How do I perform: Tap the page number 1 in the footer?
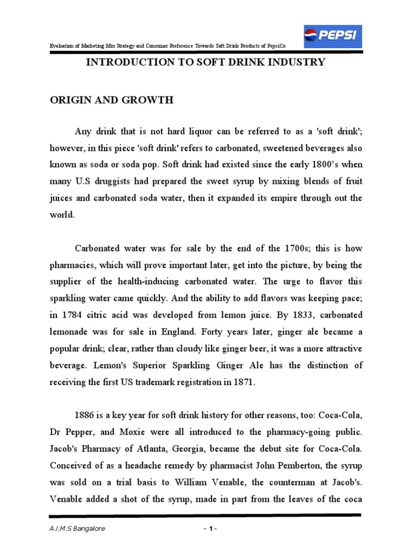point(210,529)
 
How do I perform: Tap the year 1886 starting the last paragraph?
point(87,415)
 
